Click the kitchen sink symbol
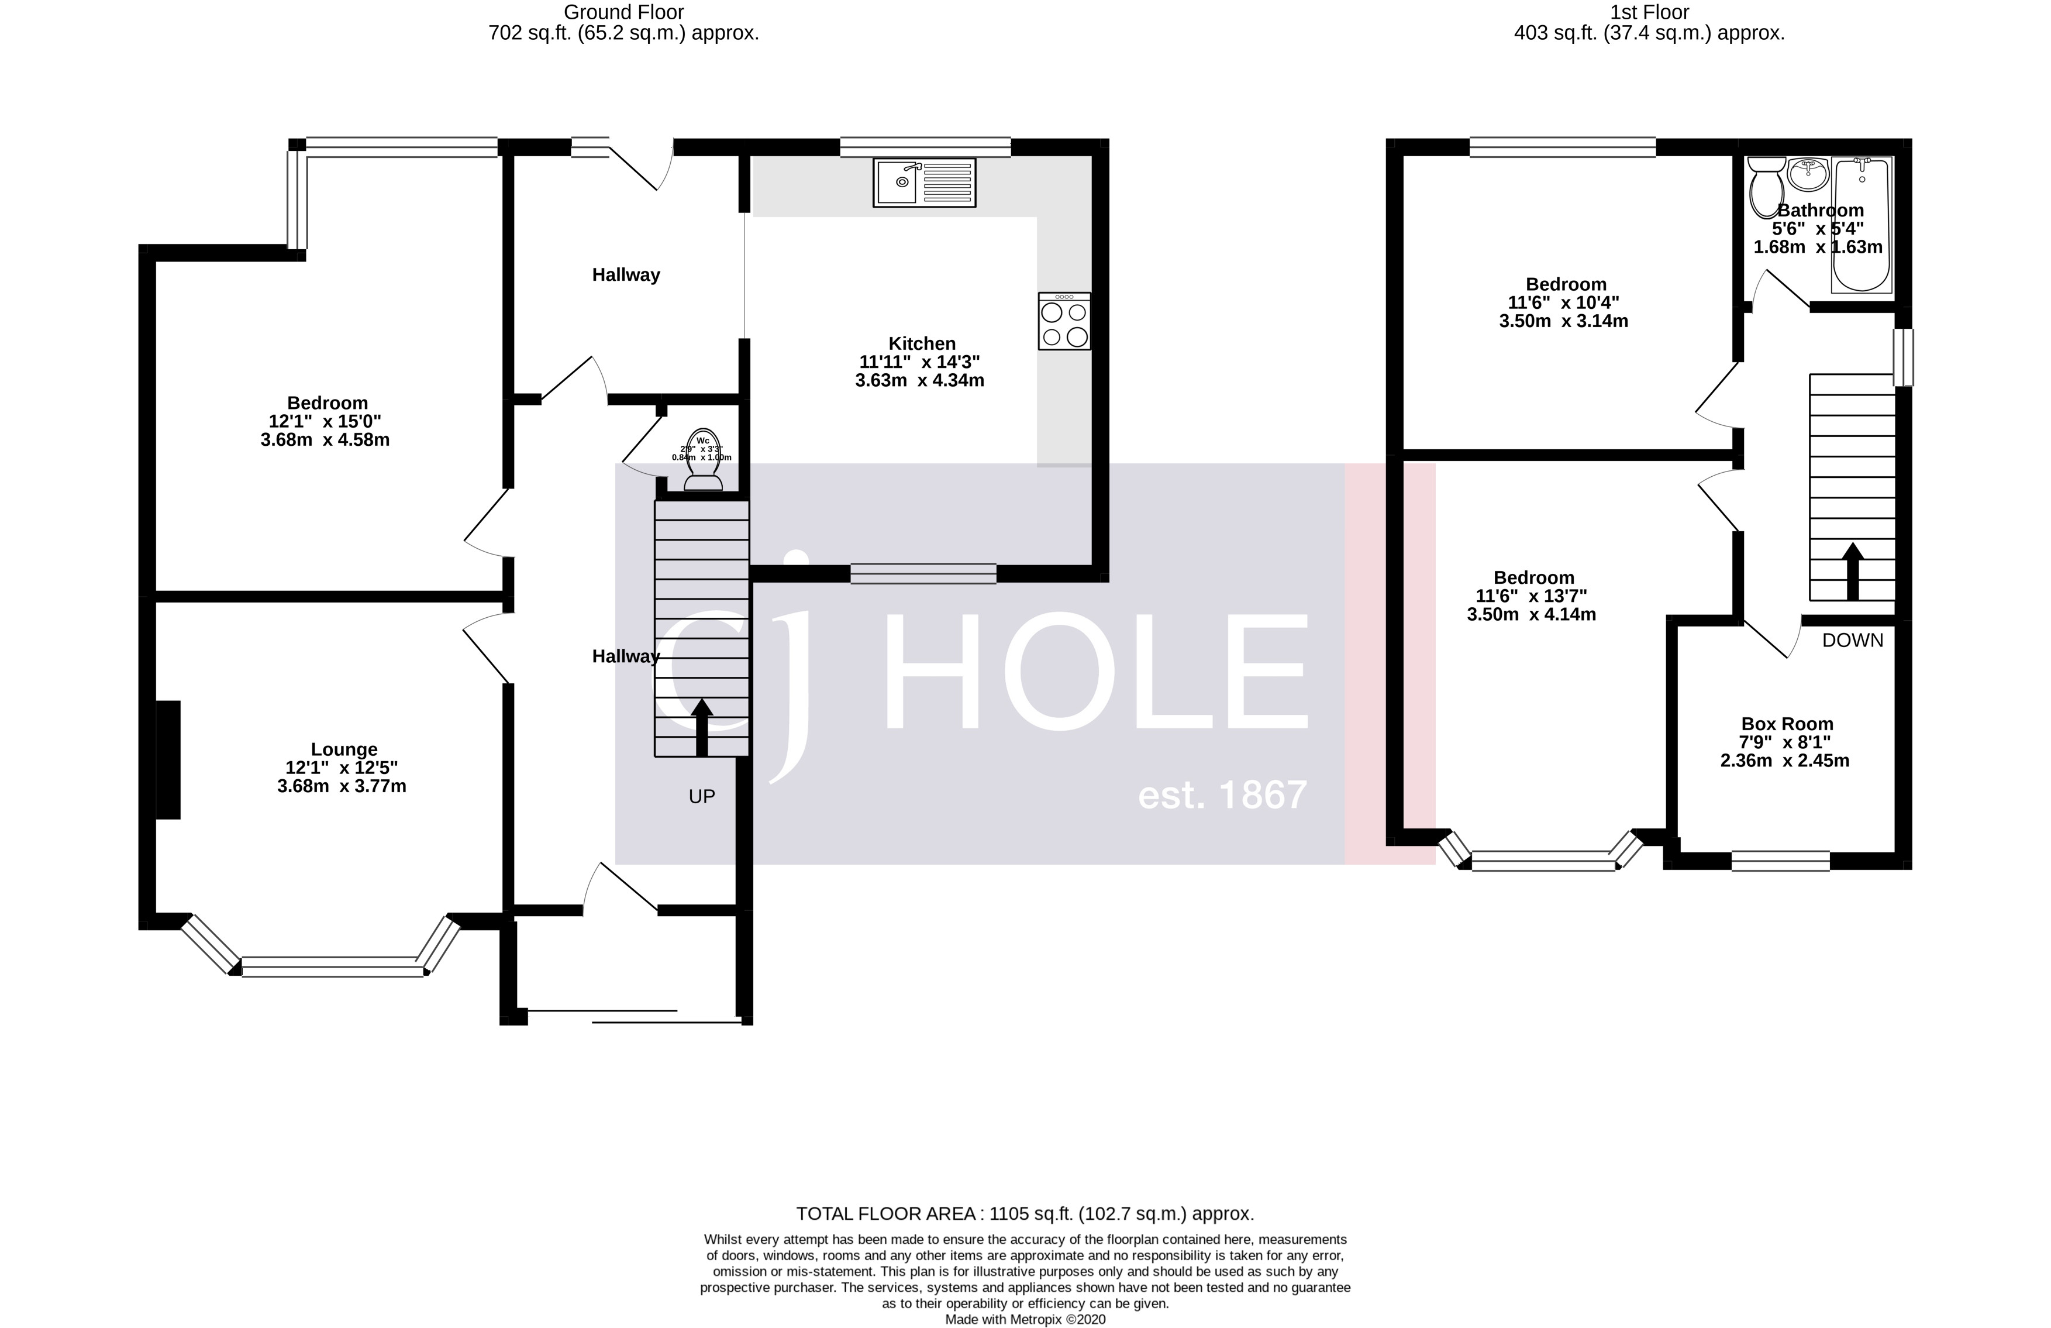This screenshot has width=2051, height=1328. (x=924, y=182)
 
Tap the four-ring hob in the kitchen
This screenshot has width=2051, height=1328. (x=1064, y=321)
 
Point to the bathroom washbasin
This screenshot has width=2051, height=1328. (x=1807, y=175)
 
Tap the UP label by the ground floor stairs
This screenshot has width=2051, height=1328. (x=701, y=796)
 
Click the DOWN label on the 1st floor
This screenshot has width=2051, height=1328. (x=1852, y=640)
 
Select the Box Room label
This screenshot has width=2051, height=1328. (x=1787, y=724)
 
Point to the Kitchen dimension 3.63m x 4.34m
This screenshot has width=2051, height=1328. (x=919, y=380)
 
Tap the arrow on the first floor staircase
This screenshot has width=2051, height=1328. (x=1852, y=570)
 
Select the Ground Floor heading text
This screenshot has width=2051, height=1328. (x=623, y=12)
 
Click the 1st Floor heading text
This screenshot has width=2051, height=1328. (x=1649, y=12)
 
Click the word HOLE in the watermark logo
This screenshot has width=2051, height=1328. (x=1094, y=672)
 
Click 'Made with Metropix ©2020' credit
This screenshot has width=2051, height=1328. (x=1025, y=1319)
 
